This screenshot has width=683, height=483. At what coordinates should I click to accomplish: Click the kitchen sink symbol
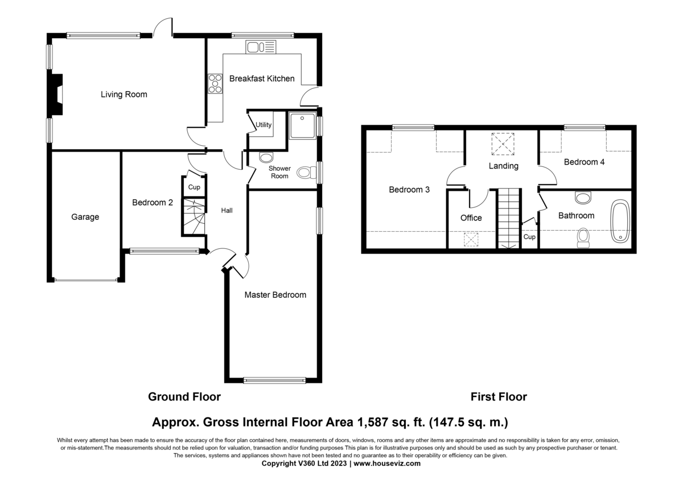pyautogui.click(x=261, y=47)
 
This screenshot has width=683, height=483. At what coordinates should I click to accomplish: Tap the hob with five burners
pyautogui.click(x=215, y=84)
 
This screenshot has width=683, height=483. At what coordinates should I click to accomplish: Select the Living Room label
pyautogui.click(x=124, y=95)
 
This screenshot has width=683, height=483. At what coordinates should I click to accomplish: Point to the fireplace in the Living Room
pyautogui.click(x=55, y=95)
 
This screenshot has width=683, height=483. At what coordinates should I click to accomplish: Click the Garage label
pyautogui.click(x=85, y=217)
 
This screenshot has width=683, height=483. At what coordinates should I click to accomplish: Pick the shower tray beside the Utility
pyautogui.click(x=302, y=126)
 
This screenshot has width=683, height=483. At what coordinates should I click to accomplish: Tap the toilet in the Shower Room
pyautogui.click(x=307, y=173)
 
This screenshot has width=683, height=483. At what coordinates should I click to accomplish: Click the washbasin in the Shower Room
pyautogui.click(x=266, y=157)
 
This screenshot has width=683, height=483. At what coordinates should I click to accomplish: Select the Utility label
pyautogui.click(x=264, y=125)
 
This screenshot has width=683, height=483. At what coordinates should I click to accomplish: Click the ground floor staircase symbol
pyautogui.click(x=194, y=216)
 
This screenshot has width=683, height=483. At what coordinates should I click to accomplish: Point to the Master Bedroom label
pyautogui.click(x=275, y=294)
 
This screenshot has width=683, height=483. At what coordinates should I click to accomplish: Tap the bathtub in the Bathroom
pyautogui.click(x=620, y=221)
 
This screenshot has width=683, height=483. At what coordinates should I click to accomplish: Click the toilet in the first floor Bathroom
pyautogui.click(x=583, y=238)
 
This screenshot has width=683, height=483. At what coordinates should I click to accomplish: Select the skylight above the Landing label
pyautogui.click(x=503, y=144)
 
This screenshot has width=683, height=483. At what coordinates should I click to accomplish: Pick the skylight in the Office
pyautogui.click(x=471, y=240)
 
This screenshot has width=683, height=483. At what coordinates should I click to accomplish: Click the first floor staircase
pyautogui.click(x=509, y=219)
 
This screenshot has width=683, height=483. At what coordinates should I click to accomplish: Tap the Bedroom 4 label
pyautogui.click(x=584, y=162)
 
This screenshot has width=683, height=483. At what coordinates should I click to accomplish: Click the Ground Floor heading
pyautogui.click(x=184, y=396)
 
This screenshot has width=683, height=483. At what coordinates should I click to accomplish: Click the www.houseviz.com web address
pyautogui.click(x=387, y=464)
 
